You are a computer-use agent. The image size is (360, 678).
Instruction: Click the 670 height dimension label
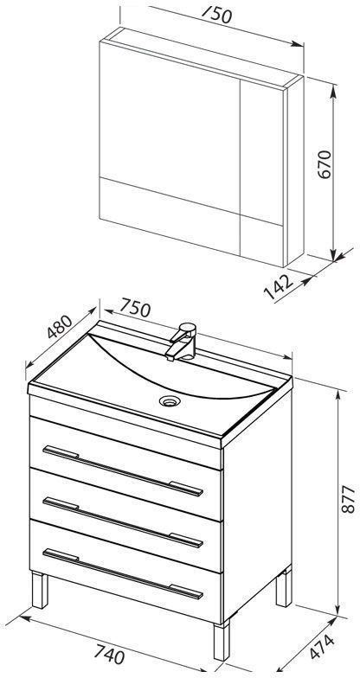point(325,164)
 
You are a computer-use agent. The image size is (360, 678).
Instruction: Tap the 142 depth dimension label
point(279,287)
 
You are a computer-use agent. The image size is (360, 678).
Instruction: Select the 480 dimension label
point(59,327)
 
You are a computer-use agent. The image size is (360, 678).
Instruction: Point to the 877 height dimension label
point(348,500)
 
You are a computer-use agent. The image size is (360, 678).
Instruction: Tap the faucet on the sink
point(181,342)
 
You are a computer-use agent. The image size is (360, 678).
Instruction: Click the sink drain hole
point(168,401)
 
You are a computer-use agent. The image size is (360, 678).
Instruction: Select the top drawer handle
point(123,470)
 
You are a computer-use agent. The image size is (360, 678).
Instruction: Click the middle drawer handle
point(123,522)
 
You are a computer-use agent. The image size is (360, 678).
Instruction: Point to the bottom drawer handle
point(123,574)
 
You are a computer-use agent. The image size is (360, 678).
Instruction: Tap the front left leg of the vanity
point(40,591)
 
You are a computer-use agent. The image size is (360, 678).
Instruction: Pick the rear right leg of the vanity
point(284,587)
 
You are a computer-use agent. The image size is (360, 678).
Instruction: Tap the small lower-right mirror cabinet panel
point(261,241)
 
